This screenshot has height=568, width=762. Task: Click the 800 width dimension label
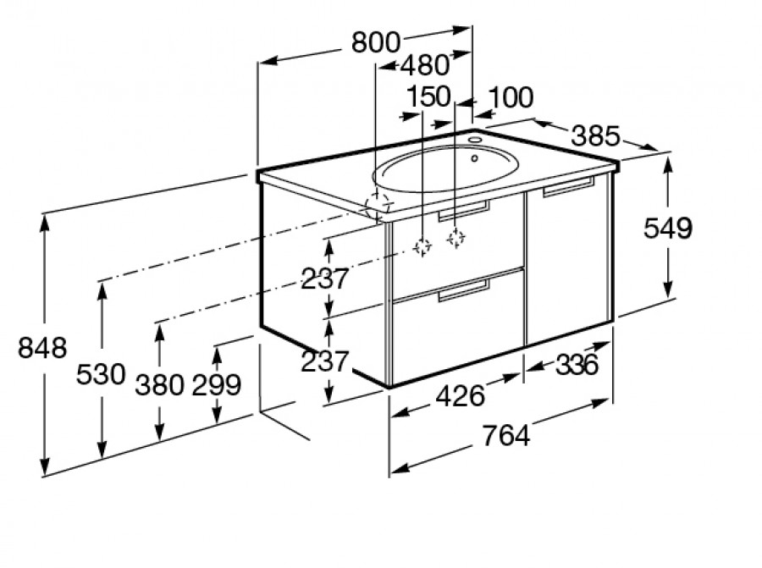click(376, 42)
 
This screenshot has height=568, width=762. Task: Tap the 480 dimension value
click(425, 65)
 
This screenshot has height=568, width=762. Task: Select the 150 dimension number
click(428, 97)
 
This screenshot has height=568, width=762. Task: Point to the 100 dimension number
click(511, 97)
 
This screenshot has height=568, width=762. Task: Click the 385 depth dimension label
click(596, 136)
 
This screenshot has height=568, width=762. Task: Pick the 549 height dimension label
click(668, 229)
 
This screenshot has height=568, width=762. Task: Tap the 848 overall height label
click(42, 348)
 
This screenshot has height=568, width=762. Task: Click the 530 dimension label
click(101, 375)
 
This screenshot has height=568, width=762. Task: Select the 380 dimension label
click(160, 385)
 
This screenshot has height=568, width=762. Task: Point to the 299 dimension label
click(217, 385)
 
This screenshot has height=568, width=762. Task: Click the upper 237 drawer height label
click(325, 278)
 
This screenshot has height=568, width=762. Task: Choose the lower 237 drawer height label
click(325, 361)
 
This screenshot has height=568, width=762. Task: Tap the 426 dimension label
click(461, 395)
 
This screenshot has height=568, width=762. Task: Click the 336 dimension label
click(577, 365)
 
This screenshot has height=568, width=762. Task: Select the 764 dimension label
click(506, 435)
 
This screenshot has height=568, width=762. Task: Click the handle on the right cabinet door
click(569, 187)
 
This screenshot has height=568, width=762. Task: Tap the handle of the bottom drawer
click(464, 290)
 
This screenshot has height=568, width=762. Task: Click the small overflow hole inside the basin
click(475, 158)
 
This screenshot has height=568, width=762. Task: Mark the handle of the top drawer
click(464, 211)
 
